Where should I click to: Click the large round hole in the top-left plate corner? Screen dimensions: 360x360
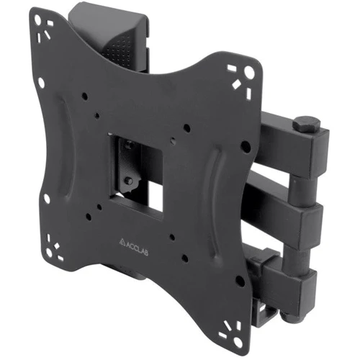tap(37, 19)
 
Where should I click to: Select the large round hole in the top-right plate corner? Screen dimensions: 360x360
tap(249, 71)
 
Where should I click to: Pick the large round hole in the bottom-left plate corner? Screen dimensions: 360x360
tap(49, 252)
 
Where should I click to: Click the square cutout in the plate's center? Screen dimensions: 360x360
tap(136, 177)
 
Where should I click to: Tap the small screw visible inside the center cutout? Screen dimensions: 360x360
tap(130, 181)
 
